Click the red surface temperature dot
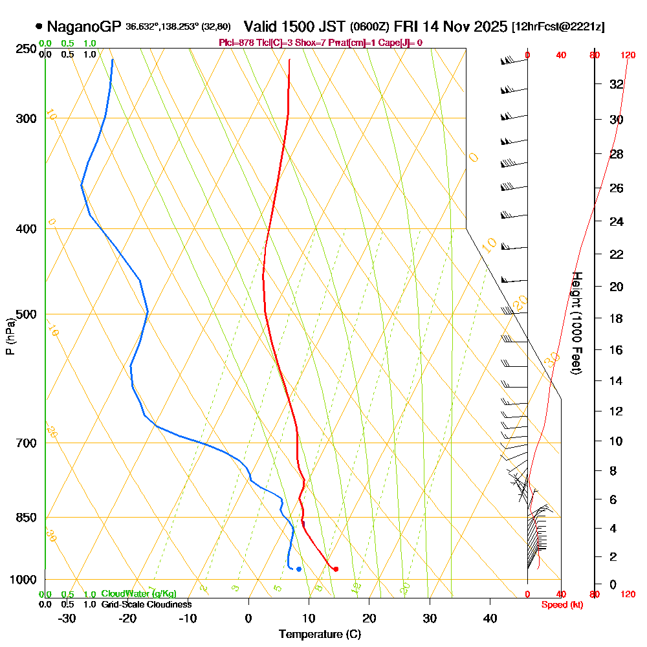(x=335, y=569)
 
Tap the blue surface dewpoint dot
(x=298, y=569)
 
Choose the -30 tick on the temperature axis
(x=67, y=618)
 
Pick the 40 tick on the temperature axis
(x=490, y=618)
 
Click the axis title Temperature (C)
(x=320, y=634)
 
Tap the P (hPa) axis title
(x=10, y=336)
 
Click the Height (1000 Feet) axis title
(x=575, y=322)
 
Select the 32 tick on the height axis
(x=617, y=84)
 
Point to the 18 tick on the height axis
(x=617, y=318)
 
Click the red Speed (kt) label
(x=560, y=604)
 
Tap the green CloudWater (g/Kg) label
(x=138, y=594)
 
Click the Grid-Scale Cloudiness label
(x=146, y=604)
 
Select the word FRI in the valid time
(x=408, y=27)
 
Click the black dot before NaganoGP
(x=39, y=27)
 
